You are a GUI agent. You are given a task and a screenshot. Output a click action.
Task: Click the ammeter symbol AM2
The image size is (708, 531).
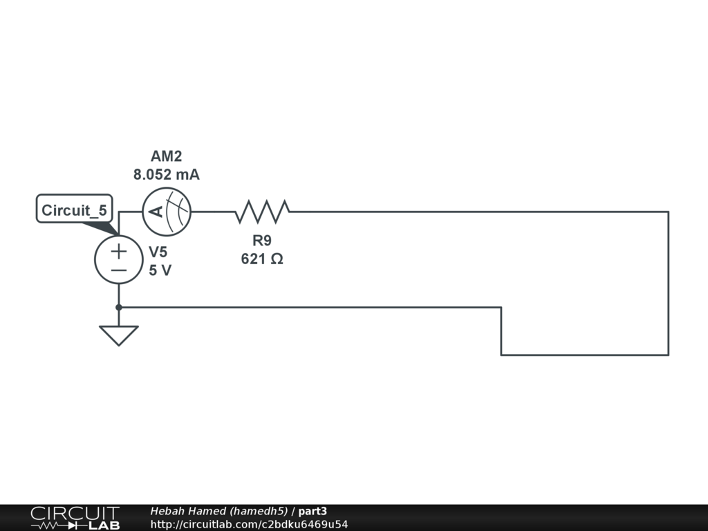pyautogui.click(x=167, y=212)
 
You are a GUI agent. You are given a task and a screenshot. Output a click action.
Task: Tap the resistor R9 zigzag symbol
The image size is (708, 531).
pyautogui.click(x=262, y=212)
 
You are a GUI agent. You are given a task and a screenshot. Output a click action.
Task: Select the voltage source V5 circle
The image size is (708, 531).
pyautogui.click(x=119, y=260)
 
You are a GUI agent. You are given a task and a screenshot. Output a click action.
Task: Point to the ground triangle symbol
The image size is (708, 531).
pyautogui.click(x=119, y=335)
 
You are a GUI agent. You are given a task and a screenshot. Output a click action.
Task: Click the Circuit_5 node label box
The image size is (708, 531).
pyautogui.click(x=74, y=209)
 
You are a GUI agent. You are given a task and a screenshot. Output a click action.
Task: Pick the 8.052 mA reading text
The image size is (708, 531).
pyautogui.click(x=167, y=175)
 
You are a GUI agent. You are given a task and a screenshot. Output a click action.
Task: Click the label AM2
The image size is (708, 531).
pyautogui.click(x=167, y=156)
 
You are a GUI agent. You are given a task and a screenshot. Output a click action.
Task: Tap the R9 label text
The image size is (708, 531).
pyautogui.click(x=262, y=241)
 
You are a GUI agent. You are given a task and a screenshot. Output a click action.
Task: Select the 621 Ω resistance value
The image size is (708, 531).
pyautogui.click(x=262, y=259)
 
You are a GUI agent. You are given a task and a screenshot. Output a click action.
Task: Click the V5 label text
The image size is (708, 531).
pyautogui.click(x=158, y=252)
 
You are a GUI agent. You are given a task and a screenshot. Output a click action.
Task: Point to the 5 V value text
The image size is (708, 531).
pyautogui.click(x=160, y=270)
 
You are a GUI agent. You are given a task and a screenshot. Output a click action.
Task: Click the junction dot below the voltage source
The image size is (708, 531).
pyautogui.click(x=119, y=307)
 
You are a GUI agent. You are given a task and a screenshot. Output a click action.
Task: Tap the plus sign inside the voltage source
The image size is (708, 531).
pyautogui.click(x=119, y=250)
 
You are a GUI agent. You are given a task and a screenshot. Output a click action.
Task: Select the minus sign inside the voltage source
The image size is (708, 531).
pyautogui.click(x=119, y=270)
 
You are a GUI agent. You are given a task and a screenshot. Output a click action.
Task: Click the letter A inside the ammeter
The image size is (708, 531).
pyautogui.click(x=158, y=212)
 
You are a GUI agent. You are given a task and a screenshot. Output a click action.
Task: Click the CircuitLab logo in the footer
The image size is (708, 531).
pyautogui.click(x=75, y=518)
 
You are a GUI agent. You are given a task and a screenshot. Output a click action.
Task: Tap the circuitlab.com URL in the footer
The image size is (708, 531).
pyautogui.click(x=249, y=524)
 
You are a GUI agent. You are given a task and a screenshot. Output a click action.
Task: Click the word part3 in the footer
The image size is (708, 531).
pyautogui.click(x=313, y=511)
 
